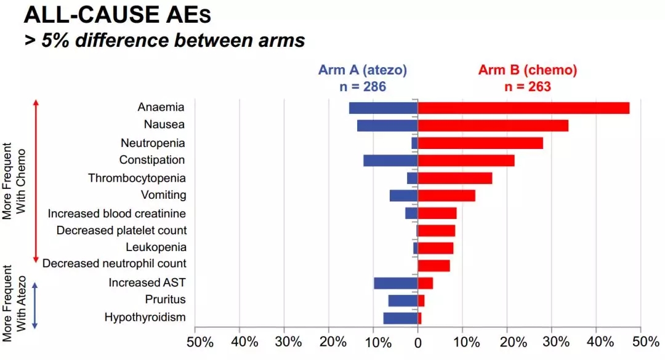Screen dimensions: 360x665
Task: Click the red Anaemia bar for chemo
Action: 523,108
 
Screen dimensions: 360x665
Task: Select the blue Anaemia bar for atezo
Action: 383,108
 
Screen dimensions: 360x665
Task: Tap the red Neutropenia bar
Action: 480,143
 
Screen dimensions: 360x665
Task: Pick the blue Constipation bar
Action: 390,161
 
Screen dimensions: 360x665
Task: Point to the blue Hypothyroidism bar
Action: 400,318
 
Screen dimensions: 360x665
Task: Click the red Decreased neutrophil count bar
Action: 434,266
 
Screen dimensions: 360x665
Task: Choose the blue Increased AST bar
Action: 395,283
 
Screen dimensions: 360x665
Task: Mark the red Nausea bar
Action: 493,126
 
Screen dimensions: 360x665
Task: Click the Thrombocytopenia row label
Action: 137,178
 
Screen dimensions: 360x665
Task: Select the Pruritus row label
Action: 165,300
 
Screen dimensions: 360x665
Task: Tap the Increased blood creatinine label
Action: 117,213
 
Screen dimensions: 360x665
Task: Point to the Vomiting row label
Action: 163,195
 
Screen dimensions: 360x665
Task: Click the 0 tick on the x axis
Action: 418,342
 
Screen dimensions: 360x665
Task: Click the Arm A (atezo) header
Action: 363,70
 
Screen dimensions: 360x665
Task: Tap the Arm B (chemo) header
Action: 528,70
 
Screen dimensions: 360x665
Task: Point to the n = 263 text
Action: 528,87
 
